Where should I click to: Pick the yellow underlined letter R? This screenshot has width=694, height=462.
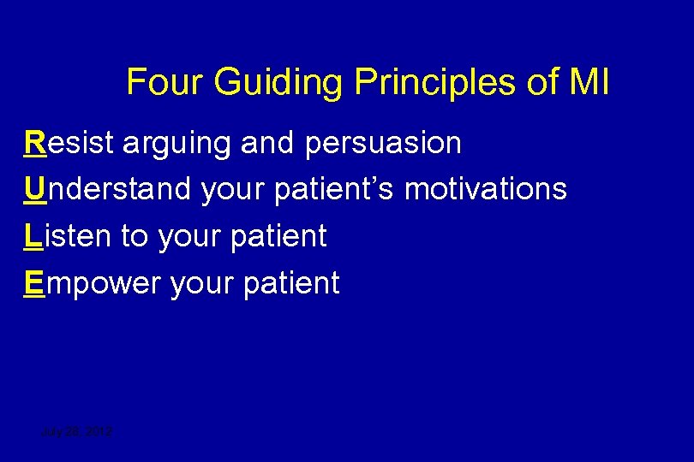pos(36,143)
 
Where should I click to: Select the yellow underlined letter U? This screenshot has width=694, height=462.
pos(36,189)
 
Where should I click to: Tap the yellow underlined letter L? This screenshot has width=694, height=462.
pos(33,236)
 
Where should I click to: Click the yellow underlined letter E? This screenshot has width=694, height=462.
pos(35,282)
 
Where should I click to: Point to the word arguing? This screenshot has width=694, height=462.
pos(176,143)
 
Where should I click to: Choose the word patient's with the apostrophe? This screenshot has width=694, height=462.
pos(334,189)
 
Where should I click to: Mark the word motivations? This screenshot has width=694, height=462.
pos(485,189)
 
